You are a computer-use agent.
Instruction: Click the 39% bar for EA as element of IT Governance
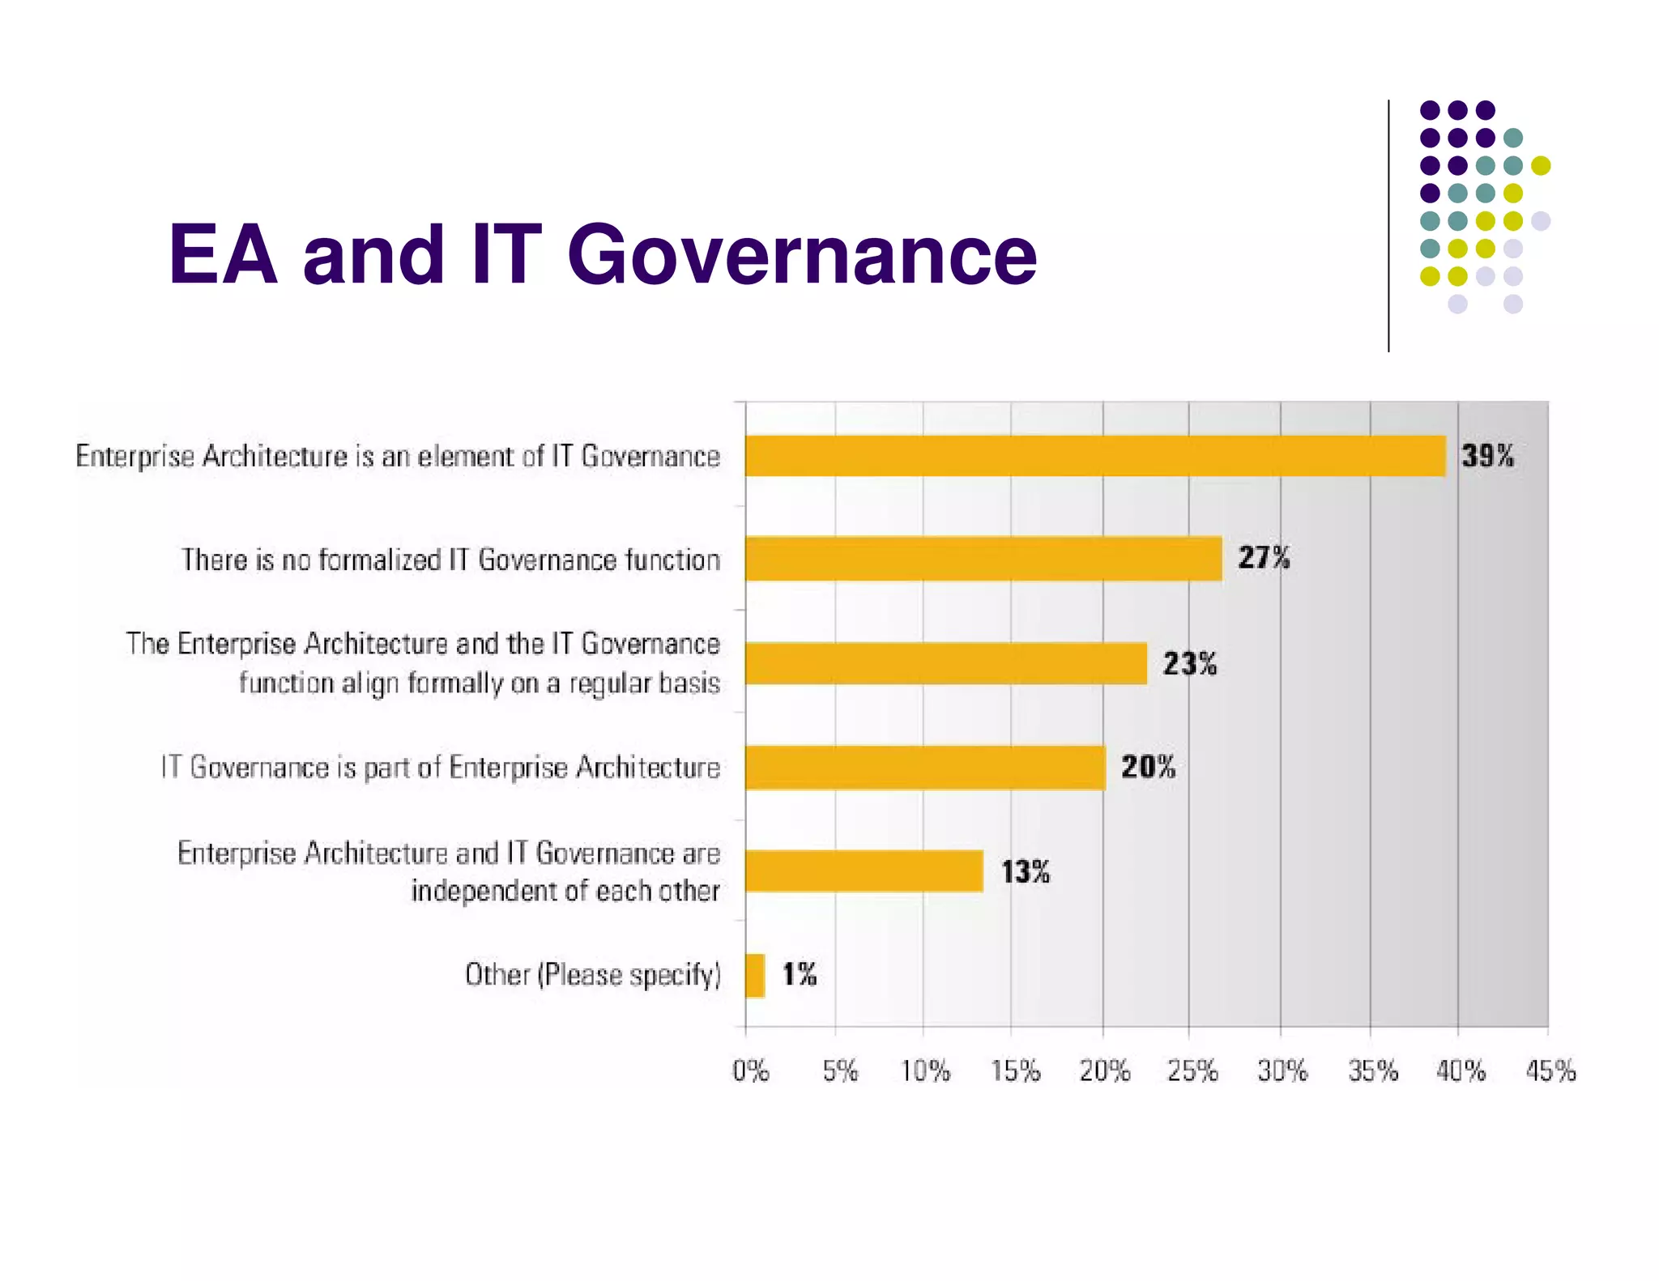(x=1095, y=456)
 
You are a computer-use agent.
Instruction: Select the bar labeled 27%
(x=983, y=559)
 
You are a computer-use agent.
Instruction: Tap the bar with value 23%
(x=946, y=663)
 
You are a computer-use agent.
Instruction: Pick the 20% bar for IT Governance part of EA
(x=925, y=767)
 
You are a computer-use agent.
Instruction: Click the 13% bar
(x=864, y=871)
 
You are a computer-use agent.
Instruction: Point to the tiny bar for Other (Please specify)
(x=755, y=975)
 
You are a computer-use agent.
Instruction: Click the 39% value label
(x=1487, y=456)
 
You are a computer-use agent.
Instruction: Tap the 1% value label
(x=800, y=974)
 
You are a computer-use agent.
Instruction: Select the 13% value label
(x=1026, y=872)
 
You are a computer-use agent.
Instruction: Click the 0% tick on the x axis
(x=750, y=1071)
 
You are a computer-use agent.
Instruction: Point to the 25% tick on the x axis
(x=1192, y=1071)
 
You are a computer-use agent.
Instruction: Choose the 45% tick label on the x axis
(x=1550, y=1071)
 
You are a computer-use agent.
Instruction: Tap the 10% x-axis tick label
(x=926, y=1071)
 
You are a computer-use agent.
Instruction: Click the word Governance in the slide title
(x=802, y=255)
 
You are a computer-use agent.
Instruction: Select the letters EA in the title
(x=223, y=255)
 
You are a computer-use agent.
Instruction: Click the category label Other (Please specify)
(x=592, y=974)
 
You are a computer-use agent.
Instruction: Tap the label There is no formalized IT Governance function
(x=450, y=560)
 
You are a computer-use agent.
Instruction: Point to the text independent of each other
(x=565, y=891)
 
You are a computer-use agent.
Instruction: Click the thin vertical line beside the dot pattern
(x=1388, y=227)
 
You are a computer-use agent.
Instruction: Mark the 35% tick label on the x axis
(x=1373, y=1071)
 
